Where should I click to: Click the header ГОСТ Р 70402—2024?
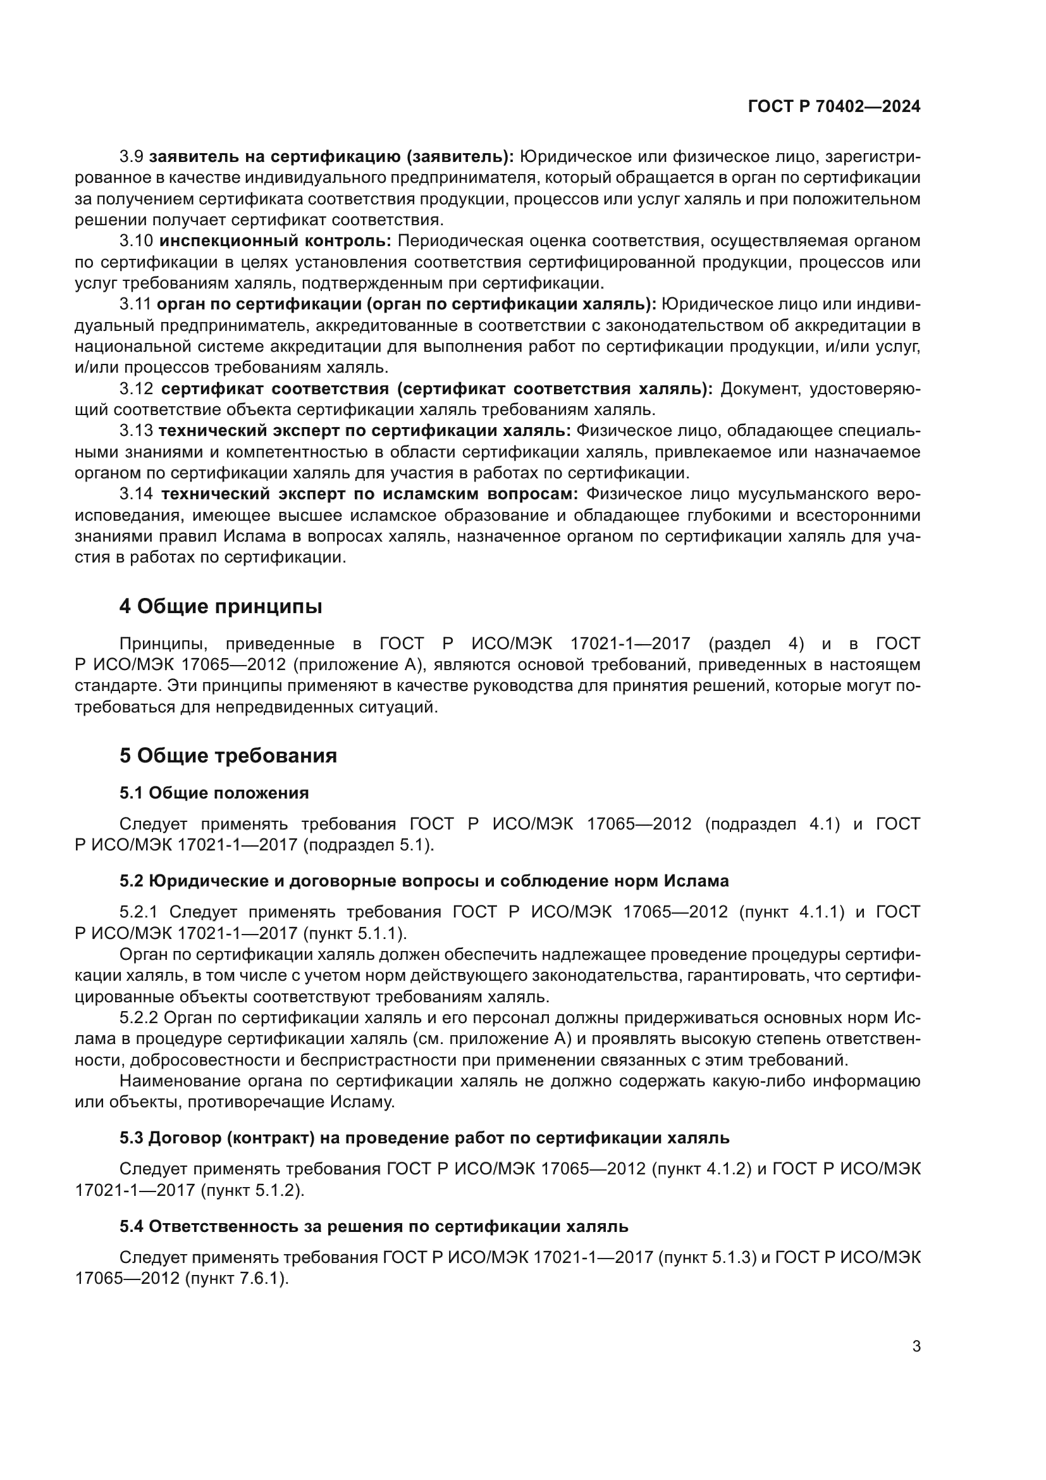[x=834, y=106]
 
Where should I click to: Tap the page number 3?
[x=916, y=1346]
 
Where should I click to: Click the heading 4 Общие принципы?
[x=220, y=607]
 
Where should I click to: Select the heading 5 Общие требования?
[x=228, y=756]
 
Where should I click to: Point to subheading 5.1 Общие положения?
[x=214, y=793]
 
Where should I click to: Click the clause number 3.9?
[x=132, y=157]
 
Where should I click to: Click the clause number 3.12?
[x=137, y=389]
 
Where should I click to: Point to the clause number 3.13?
[x=136, y=431]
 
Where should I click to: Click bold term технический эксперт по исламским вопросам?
[x=370, y=494]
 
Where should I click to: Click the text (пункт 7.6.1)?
[x=236, y=1278]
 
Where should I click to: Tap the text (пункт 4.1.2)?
[x=702, y=1169]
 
